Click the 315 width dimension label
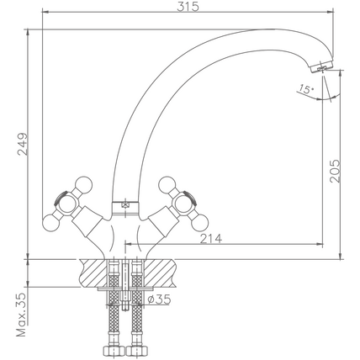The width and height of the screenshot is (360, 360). pyautogui.click(x=188, y=6)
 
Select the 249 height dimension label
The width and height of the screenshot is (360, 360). pyautogui.click(x=23, y=144)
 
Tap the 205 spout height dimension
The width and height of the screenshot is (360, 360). pyautogui.click(x=335, y=172)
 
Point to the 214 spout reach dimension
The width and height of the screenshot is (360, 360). pyautogui.click(x=211, y=239)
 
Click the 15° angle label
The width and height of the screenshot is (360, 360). pyautogui.click(x=305, y=89)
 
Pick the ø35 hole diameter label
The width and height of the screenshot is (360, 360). pyautogui.click(x=159, y=299)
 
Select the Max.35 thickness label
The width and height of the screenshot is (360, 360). pyautogui.click(x=21, y=315)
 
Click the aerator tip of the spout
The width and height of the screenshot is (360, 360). pyautogui.click(x=321, y=67)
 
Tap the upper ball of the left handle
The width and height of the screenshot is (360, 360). pyautogui.click(x=83, y=185)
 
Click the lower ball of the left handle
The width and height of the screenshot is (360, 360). pyautogui.click(x=50, y=223)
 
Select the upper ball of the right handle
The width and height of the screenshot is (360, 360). pyautogui.click(x=167, y=185)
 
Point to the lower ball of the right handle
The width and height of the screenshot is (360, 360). pyautogui.click(x=200, y=224)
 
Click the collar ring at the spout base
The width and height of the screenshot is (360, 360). pyautogui.click(x=125, y=208)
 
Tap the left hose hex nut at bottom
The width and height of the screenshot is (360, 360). pyautogui.click(x=114, y=351)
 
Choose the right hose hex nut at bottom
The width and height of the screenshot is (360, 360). pyautogui.click(x=137, y=351)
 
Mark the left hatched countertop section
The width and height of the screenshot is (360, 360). pyautogui.click(x=94, y=273)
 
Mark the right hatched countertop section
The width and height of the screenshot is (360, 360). pyautogui.click(x=159, y=273)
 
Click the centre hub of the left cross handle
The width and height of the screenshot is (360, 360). pyautogui.click(x=67, y=204)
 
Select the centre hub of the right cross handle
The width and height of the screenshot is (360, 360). pyautogui.click(x=183, y=204)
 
